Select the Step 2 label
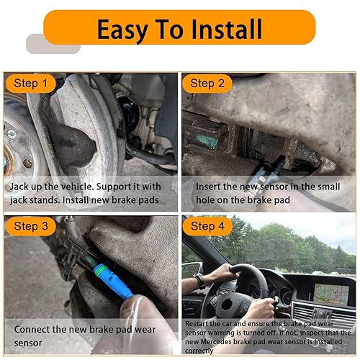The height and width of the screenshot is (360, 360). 208,84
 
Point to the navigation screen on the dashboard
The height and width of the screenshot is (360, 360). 330,292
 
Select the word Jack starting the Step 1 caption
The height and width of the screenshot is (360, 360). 22,186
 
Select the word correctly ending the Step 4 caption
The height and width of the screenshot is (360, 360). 201,351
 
